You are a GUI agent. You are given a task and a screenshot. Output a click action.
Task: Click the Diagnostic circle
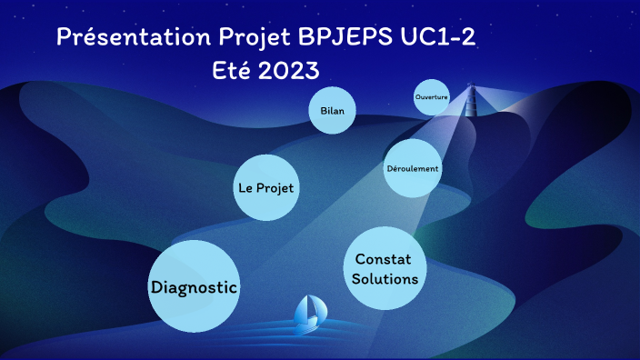193,286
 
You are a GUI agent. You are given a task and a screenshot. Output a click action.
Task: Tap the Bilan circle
332,111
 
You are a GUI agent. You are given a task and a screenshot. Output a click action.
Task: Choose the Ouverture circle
431,97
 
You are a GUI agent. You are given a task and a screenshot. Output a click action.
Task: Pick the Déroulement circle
413,168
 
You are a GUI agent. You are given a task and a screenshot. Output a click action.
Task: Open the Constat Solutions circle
385,269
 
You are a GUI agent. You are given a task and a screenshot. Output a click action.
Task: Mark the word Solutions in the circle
385,279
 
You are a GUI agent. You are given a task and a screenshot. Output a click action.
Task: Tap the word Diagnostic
193,287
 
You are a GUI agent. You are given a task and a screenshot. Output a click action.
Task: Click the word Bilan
332,111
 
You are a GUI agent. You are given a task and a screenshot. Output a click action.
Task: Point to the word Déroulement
413,169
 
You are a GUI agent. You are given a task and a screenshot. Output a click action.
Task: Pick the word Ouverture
431,96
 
